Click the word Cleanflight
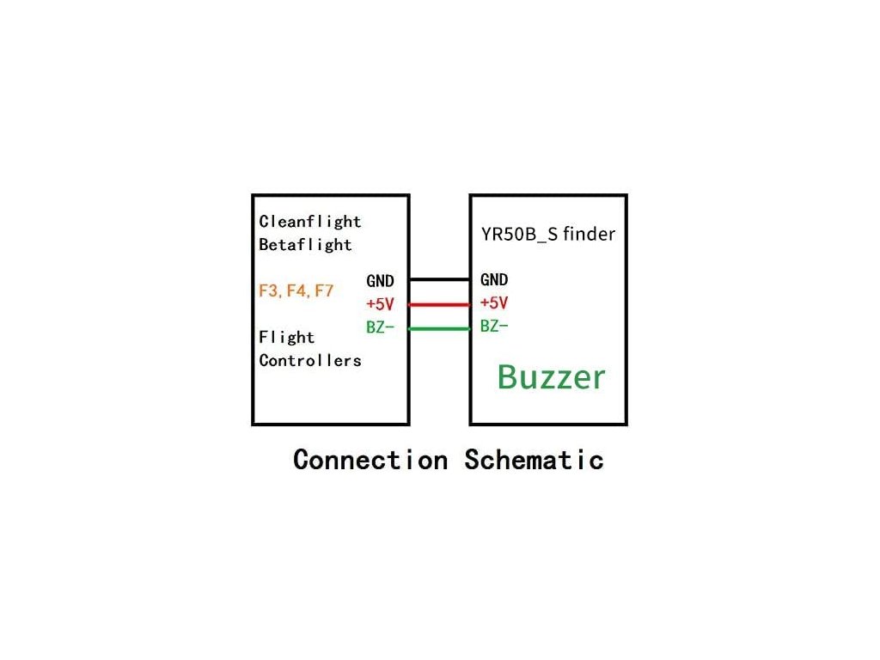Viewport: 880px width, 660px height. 310,222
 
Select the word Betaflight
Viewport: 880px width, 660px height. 306,245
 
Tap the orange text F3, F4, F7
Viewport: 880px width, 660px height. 296,290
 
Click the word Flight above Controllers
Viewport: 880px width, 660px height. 287,338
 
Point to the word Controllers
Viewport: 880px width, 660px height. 310,361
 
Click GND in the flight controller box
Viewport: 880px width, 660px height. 381,281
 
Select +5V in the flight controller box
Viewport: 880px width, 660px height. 380,304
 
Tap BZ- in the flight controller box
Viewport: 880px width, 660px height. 380,327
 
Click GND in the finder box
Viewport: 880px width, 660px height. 494,280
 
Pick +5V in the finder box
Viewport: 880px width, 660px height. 494,303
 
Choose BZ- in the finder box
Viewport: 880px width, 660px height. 494,327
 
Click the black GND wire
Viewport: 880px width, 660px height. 439,280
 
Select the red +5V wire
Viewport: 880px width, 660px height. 439,304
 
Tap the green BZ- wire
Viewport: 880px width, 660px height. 439,328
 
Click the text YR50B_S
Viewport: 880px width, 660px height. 520,234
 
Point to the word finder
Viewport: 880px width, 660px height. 590,233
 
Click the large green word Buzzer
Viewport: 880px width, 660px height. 551,377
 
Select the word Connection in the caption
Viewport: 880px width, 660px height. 370,460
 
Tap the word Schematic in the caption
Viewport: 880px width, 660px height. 534,460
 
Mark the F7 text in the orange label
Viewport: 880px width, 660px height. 323,290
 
